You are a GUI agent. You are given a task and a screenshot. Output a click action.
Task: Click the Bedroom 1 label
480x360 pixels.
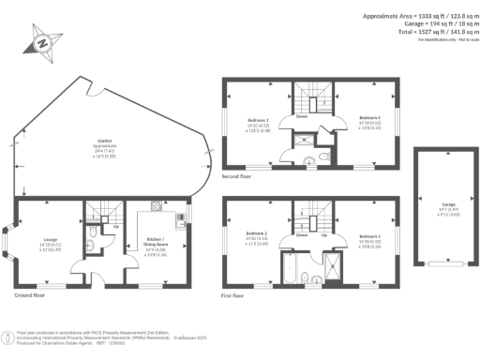tap(258, 123)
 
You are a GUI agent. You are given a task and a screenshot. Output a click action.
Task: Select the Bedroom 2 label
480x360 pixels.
tap(257, 235)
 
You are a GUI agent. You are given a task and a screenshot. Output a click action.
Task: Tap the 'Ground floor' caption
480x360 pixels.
tap(32, 294)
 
